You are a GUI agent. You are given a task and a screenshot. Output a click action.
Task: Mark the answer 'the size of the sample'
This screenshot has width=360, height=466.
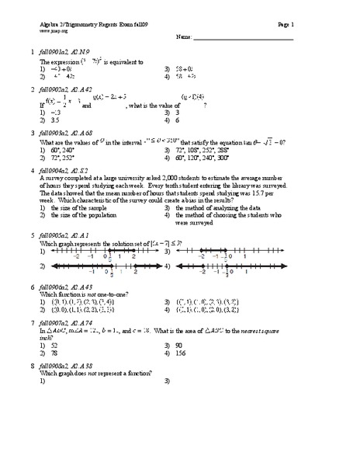pyautogui.click(x=84, y=208)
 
